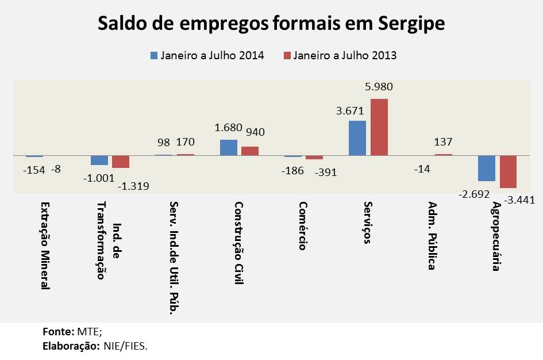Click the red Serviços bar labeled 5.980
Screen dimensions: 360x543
click(379, 127)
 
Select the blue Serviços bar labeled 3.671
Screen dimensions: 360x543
click(357, 137)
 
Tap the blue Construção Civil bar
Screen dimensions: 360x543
click(229, 147)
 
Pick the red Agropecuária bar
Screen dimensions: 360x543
click(508, 171)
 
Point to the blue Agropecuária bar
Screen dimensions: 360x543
click(487, 168)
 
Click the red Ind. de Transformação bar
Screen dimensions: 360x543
click(121, 162)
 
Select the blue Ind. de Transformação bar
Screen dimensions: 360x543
click(99, 160)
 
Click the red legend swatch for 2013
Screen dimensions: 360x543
click(287, 56)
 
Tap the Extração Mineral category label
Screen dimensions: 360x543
click(45, 245)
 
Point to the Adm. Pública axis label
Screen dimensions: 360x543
click(433, 236)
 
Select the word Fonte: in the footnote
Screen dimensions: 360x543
click(58, 331)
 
